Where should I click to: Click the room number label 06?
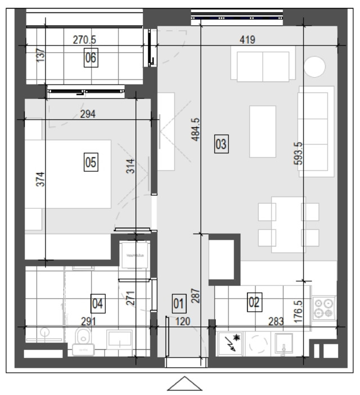pos(91,58)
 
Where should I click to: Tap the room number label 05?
pos(91,162)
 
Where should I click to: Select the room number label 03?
pos(222,144)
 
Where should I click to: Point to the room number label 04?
pos(98,303)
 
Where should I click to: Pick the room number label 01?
pos(179,303)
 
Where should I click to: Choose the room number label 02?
pos(254,302)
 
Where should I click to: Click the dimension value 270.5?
pos(84,40)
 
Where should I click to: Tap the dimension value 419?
pos(247,39)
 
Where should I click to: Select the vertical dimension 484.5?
pos(195,129)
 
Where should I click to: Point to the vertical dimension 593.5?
pos(298,153)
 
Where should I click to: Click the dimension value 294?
pos(88,114)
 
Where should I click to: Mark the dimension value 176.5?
pos(298,312)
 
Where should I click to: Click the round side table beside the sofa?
pos(314,66)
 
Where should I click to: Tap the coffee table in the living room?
pos(263,132)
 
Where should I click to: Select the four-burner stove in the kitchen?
pos(324,308)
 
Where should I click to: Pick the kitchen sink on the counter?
pos(283,343)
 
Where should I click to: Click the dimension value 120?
pos(183,321)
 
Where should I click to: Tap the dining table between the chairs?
pos(289,225)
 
